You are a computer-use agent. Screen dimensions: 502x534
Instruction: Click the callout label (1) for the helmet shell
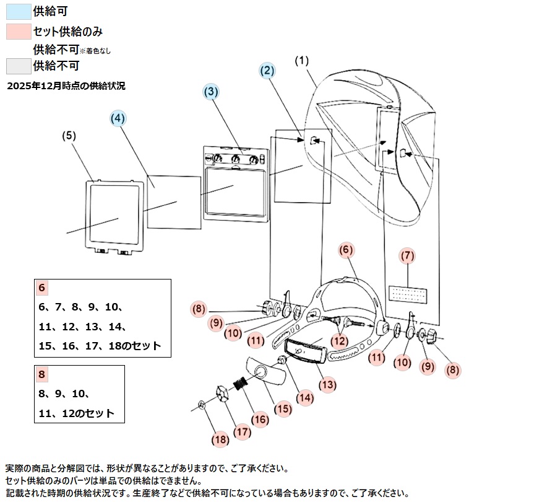tap(301, 61)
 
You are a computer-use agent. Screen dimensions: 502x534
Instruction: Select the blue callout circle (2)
tap(267, 71)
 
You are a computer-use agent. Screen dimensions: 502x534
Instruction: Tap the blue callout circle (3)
tap(211, 91)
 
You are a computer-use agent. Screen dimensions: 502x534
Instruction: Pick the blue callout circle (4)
tap(118, 117)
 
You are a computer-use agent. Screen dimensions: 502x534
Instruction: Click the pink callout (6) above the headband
tap(347, 250)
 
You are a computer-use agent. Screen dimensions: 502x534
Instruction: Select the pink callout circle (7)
tap(407, 255)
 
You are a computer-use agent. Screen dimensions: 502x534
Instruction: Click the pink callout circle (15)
tap(282, 408)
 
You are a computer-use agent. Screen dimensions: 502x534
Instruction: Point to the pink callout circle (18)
tap(220, 439)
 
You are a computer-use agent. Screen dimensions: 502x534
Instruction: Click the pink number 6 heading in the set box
tap(42, 288)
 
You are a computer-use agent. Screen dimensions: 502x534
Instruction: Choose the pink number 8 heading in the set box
tap(42, 374)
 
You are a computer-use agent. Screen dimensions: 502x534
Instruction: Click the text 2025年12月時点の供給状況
tap(66, 86)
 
